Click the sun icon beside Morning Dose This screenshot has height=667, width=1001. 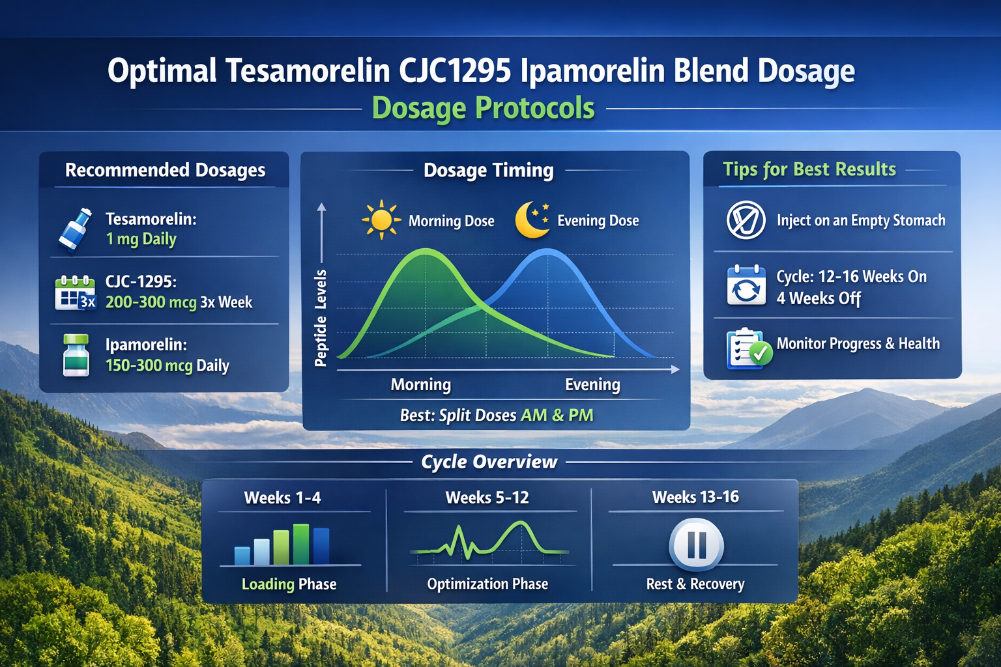[381, 220]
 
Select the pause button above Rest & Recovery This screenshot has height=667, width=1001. [696, 545]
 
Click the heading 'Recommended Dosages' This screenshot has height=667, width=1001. [165, 170]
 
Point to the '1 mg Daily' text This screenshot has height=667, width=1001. [141, 239]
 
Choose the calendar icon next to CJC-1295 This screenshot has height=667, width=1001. [75, 292]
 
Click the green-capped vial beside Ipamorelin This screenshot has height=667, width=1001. [76, 356]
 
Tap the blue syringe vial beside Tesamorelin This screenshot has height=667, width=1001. [75, 230]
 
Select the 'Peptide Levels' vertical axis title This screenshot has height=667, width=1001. [321, 319]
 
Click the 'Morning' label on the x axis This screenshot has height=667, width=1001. [420, 384]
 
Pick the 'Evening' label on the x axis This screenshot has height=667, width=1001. [592, 384]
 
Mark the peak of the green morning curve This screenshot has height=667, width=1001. [426, 250]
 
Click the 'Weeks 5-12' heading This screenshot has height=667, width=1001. [487, 498]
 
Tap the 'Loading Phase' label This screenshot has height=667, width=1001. [289, 584]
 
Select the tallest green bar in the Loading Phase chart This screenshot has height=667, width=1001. [301, 544]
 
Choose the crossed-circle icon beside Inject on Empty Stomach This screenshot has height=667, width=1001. [746, 220]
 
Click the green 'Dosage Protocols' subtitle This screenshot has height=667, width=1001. [483, 108]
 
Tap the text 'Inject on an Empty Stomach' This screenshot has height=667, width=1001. [860, 221]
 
